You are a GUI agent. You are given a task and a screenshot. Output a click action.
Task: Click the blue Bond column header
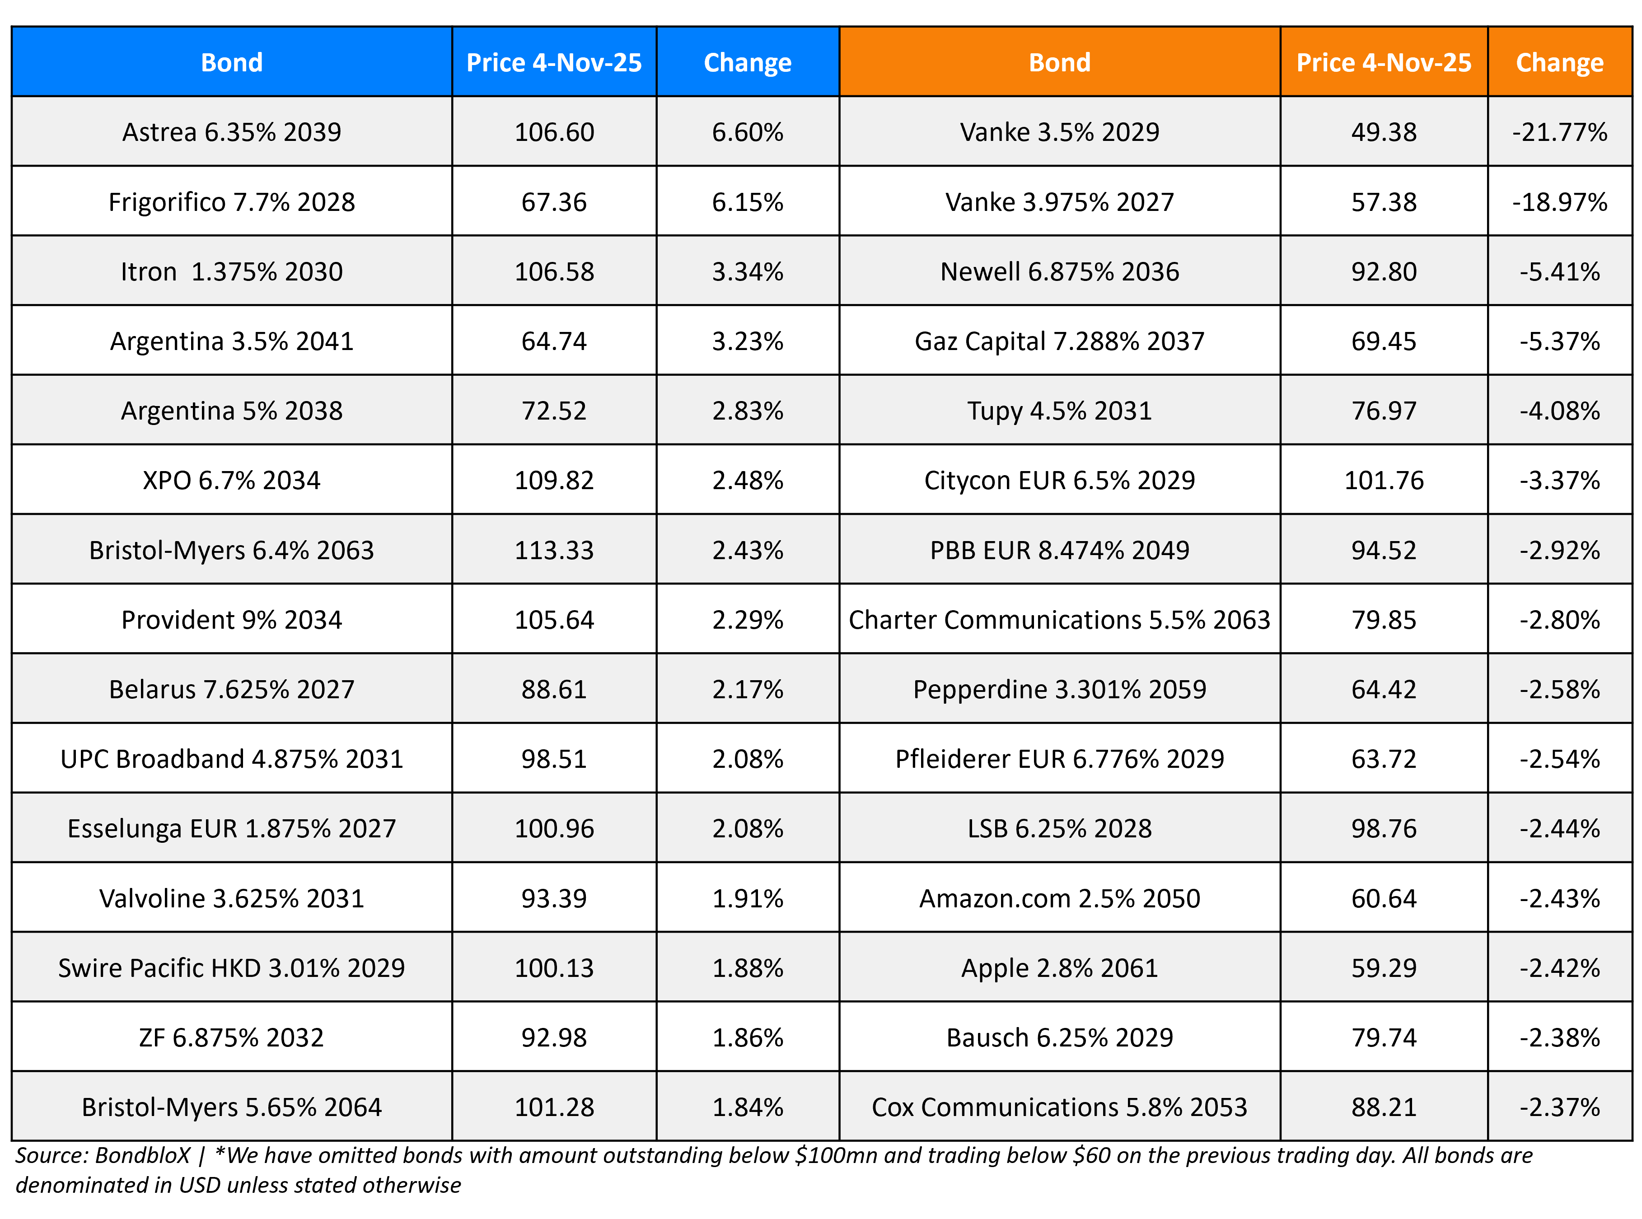tap(232, 63)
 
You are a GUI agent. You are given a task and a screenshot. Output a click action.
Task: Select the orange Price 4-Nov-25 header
tap(1383, 63)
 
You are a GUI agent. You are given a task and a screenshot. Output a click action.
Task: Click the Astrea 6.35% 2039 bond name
tap(232, 132)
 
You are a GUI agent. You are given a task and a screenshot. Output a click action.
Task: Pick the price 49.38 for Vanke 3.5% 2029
tap(1383, 132)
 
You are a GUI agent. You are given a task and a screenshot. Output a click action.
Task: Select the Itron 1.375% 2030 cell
tap(232, 271)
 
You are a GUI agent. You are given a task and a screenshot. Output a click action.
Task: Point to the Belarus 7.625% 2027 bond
tap(232, 689)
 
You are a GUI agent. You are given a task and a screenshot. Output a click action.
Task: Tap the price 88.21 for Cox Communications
tap(1383, 1107)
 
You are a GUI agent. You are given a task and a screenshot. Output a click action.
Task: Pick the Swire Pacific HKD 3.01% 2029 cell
tap(232, 968)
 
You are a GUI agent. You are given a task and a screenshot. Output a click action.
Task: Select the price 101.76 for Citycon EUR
tap(1383, 481)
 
